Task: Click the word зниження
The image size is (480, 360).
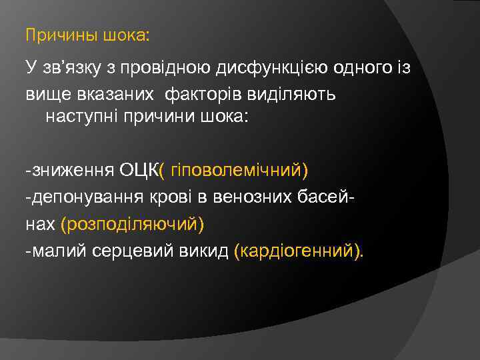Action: tap(73, 170)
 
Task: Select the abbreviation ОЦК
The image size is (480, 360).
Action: tap(139, 170)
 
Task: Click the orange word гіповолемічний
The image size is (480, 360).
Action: tap(237, 170)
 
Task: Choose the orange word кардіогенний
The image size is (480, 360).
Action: tap(297, 251)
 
